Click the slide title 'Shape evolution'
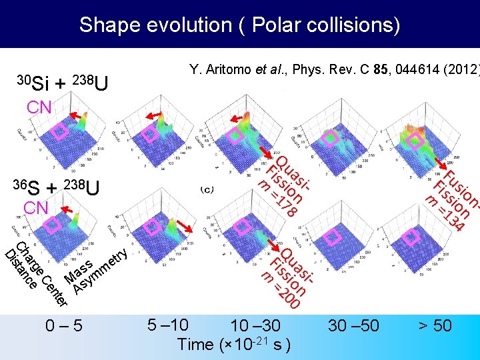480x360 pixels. click(239, 25)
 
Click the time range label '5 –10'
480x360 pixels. click(167, 325)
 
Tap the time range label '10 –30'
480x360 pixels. click(255, 326)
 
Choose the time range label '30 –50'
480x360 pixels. click(353, 326)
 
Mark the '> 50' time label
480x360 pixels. click(434, 326)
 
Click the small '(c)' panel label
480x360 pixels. click(207, 190)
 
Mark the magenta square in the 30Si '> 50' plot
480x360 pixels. click(415, 139)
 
